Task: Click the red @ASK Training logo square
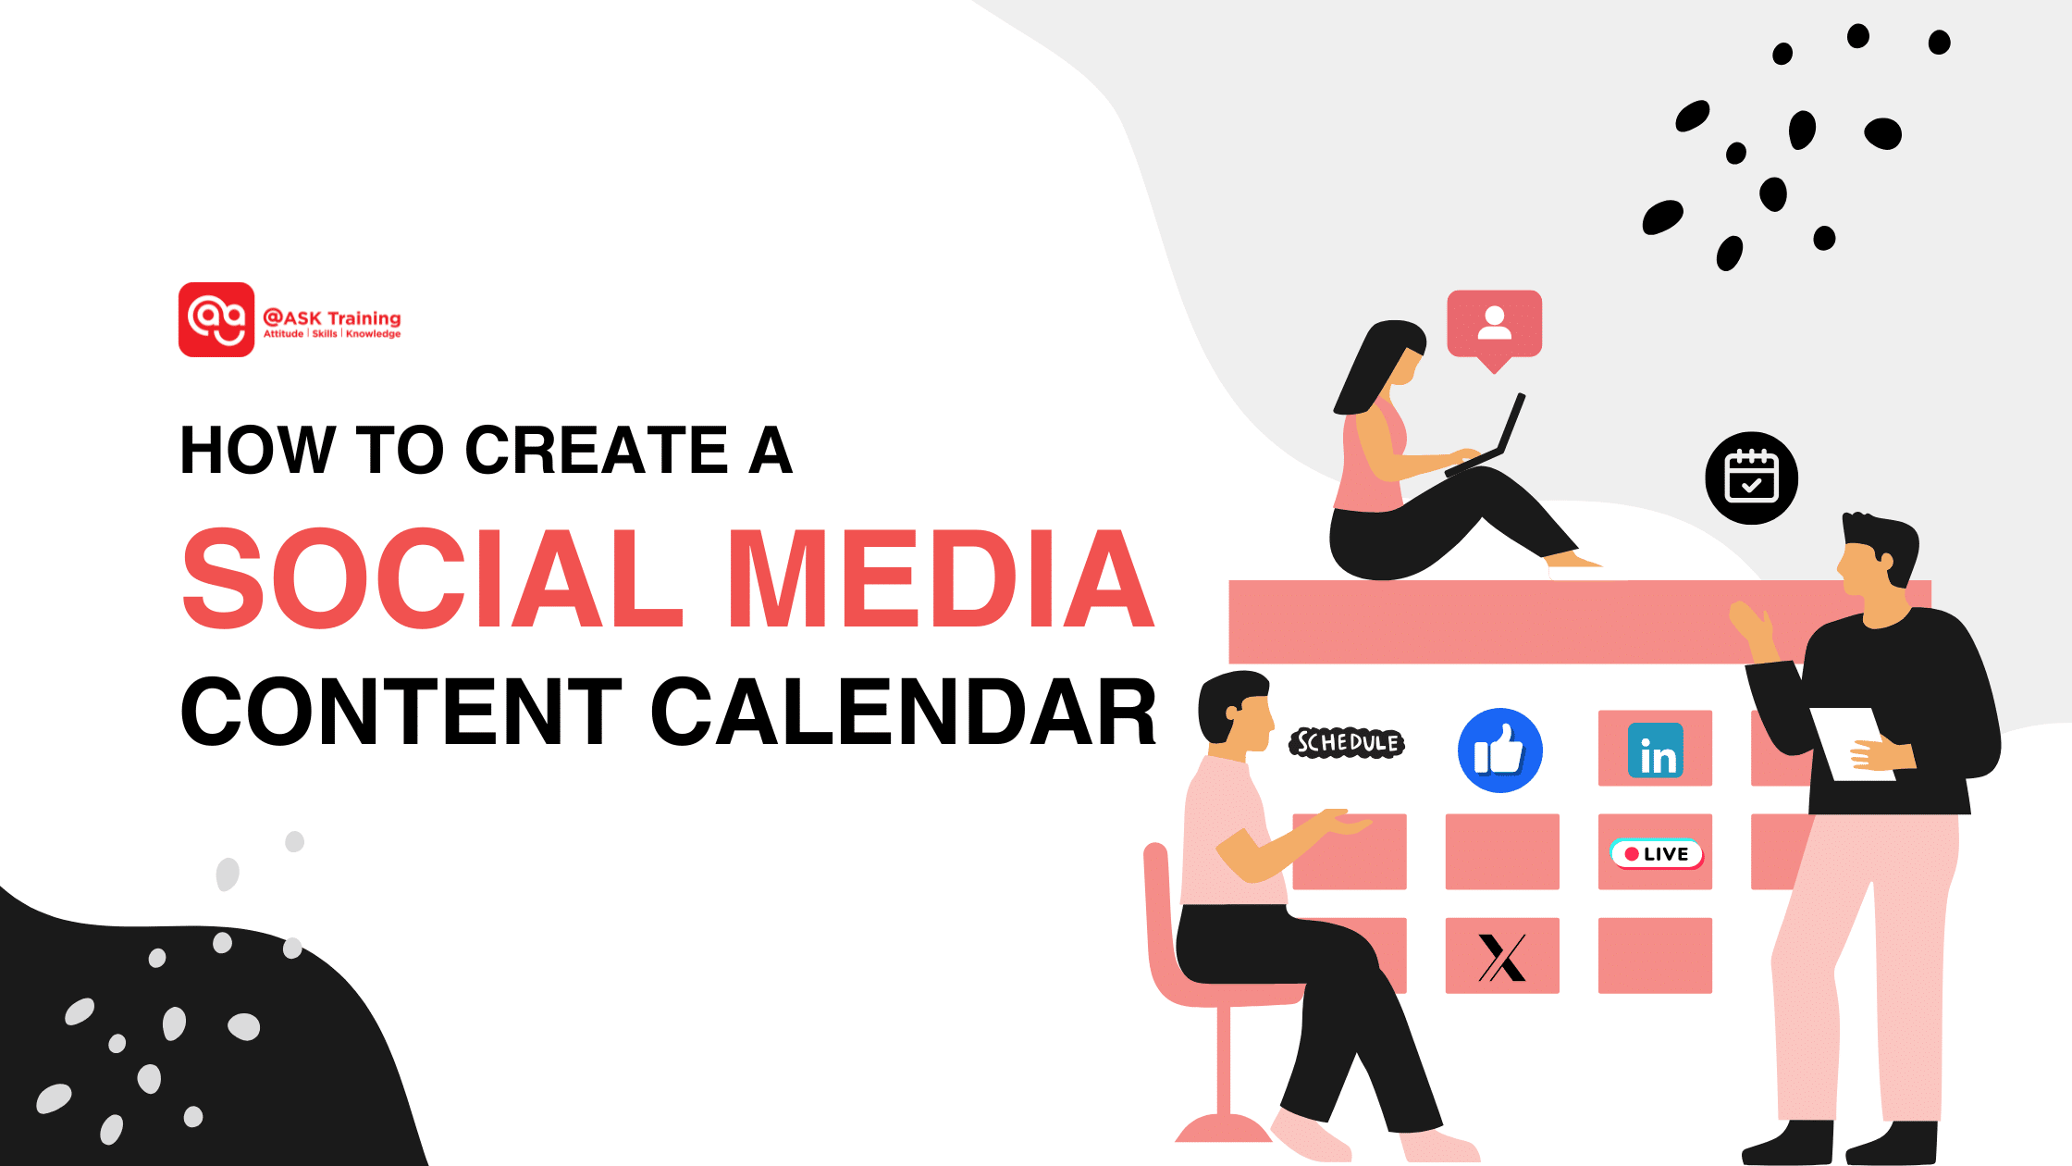(x=216, y=319)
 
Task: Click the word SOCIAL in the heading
(x=431, y=578)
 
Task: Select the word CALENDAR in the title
(x=903, y=712)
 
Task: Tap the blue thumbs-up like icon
(x=1499, y=750)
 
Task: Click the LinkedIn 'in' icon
(x=1655, y=750)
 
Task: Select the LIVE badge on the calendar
(x=1656, y=853)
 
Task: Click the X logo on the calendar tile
(x=1501, y=957)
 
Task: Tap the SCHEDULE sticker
(x=1347, y=742)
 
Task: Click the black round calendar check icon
(x=1751, y=478)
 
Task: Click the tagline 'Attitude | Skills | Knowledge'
(x=331, y=334)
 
